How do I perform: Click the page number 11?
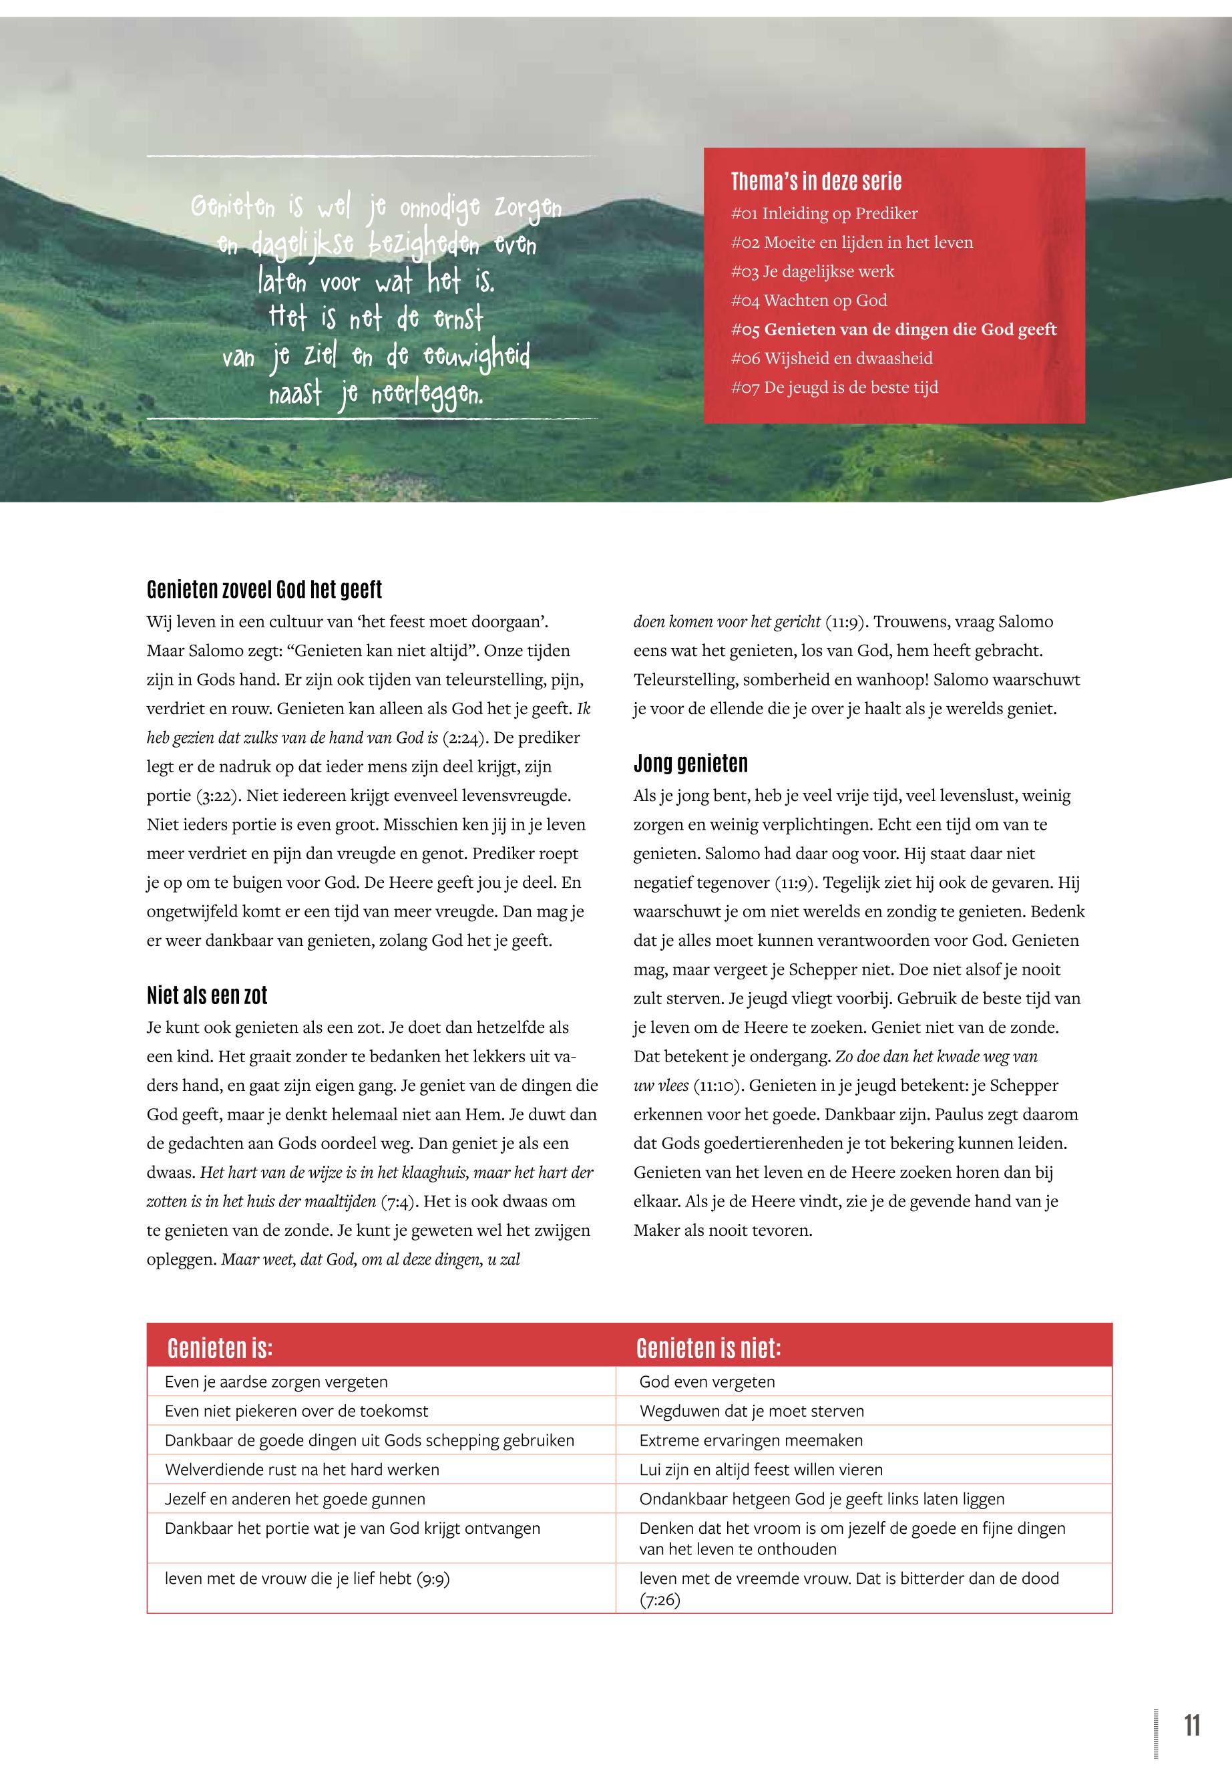1191,1724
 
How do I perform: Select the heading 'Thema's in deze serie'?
816,182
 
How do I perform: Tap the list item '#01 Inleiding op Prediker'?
823,213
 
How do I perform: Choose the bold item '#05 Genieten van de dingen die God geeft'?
893,329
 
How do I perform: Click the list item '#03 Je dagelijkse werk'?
812,271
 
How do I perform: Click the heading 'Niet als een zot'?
207,995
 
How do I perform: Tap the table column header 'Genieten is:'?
220,1347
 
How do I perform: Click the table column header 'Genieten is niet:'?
708,1347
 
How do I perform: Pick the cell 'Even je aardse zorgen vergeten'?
276,1382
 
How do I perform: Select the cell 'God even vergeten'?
706,1382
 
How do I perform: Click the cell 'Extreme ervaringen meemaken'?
751,1440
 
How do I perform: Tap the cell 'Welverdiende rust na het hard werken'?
302,1469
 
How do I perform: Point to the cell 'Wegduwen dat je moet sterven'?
751,1411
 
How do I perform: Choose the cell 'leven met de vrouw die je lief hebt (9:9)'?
306,1579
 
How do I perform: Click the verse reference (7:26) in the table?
659,1599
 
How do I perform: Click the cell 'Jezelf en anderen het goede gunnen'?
295,1499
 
